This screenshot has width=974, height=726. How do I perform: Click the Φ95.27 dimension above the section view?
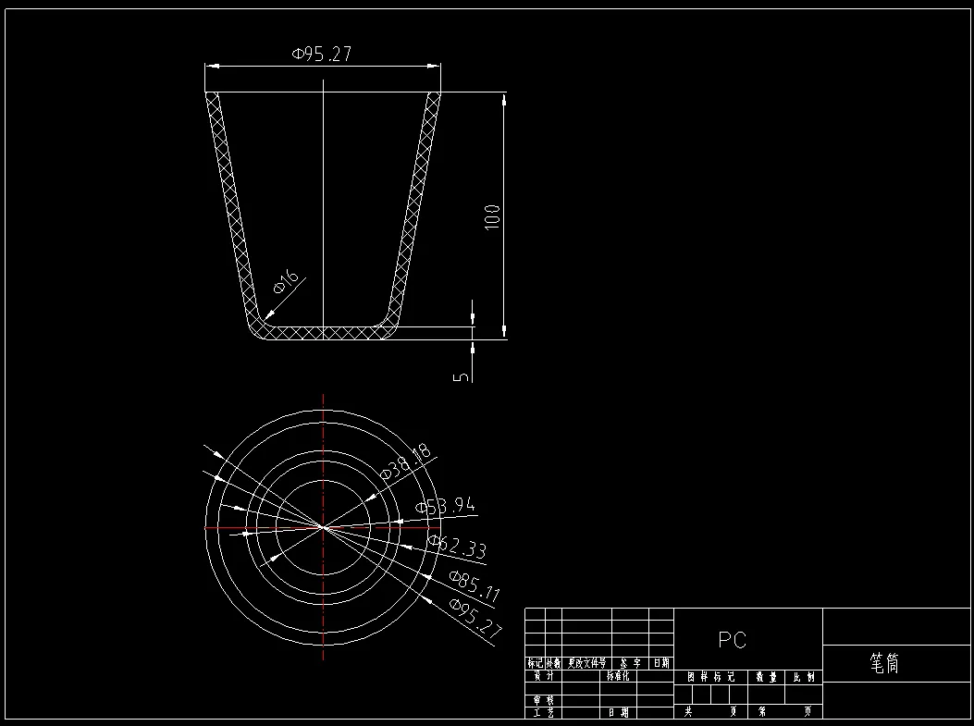(322, 55)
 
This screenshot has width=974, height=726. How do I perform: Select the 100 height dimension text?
(492, 216)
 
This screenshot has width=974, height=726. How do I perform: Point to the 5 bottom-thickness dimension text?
(461, 376)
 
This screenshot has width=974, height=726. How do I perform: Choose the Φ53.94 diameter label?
(446, 506)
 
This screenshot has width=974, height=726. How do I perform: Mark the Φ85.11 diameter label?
(474, 587)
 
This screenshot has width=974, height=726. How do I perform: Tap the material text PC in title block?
(732, 640)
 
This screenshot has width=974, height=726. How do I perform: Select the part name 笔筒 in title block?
(884, 663)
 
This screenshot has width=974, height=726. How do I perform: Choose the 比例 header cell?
(803, 677)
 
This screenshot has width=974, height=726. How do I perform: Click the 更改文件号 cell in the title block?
(587, 663)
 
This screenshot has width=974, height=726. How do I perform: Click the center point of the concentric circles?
(323, 527)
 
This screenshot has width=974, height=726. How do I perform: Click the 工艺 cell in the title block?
(543, 712)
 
